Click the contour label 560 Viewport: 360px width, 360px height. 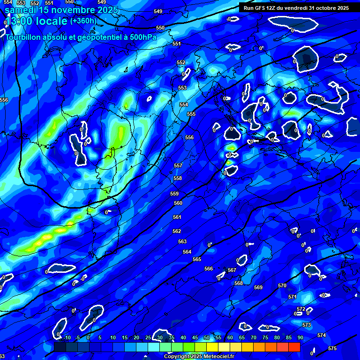pyautogui.click(x=178, y=203)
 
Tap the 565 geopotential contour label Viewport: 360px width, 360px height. pyautogui.click(x=197, y=259)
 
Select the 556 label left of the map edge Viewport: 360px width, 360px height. pyautogui.click(x=4, y=100)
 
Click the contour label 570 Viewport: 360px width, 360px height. pyautogui.click(x=282, y=285)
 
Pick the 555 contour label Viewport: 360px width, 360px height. pyautogui.click(x=191, y=114)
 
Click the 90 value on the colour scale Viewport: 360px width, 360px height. pyautogui.click(x=300, y=337)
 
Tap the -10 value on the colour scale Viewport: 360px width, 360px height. pyautogui.click(x=67, y=337)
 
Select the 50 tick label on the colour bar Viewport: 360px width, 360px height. pyautogui.click(x=207, y=337)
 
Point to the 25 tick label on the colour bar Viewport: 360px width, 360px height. pyautogui.click(x=148, y=337)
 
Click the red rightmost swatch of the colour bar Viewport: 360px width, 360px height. pyautogui.click(x=294, y=347)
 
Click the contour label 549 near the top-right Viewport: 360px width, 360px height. pyautogui.click(x=158, y=11)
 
